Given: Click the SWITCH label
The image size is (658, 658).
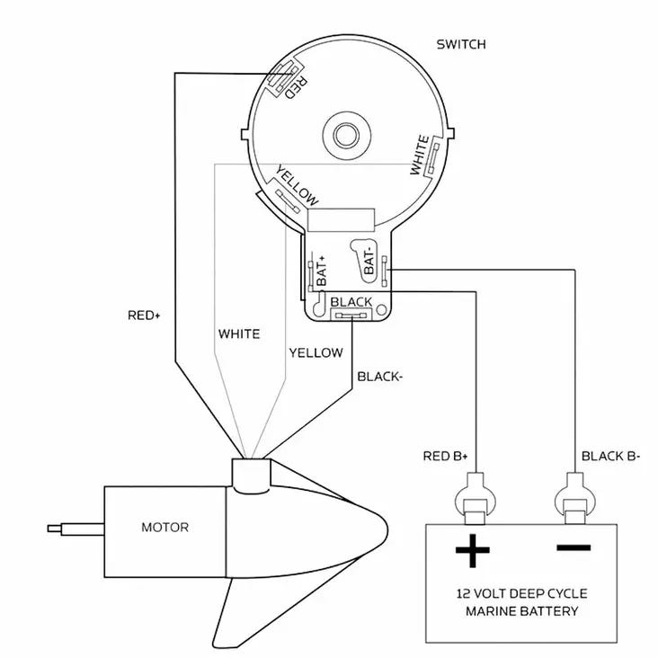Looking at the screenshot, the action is pyautogui.click(x=461, y=44).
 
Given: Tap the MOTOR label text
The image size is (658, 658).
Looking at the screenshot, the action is pyautogui.click(x=164, y=527).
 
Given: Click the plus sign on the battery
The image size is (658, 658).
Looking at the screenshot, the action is pyautogui.click(x=473, y=550).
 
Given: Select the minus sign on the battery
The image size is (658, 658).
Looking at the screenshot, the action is pyautogui.click(x=574, y=547).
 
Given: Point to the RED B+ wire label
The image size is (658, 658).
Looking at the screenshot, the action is pyautogui.click(x=445, y=456).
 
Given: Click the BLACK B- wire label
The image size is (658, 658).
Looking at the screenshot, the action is pyautogui.click(x=610, y=456).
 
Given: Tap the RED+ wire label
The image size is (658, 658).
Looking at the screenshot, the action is pyautogui.click(x=144, y=316).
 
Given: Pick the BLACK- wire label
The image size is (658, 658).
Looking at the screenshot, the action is pyautogui.click(x=379, y=377).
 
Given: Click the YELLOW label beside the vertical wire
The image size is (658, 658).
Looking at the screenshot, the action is pyautogui.click(x=316, y=352).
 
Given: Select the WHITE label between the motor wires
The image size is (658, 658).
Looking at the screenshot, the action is pyautogui.click(x=239, y=334).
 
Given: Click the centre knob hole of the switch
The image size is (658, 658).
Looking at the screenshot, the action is pyautogui.click(x=346, y=135).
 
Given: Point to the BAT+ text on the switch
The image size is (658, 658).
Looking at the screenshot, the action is pyautogui.click(x=322, y=271).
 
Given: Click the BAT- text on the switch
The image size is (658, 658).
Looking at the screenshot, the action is pyautogui.click(x=369, y=260).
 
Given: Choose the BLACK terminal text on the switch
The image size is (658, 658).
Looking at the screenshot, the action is pyautogui.click(x=351, y=302).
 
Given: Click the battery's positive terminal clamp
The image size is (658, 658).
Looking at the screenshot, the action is pyautogui.click(x=476, y=499).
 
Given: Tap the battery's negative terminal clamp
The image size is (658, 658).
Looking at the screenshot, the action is pyautogui.click(x=575, y=499).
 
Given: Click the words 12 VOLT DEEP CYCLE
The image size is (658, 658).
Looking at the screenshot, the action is pyautogui.click(x=521, y=593).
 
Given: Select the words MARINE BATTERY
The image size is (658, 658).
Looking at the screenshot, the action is pyautogui.click(x=521, y=611).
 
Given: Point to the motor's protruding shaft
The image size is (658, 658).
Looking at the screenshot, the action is pyautogui.click(x=76, y=529).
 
